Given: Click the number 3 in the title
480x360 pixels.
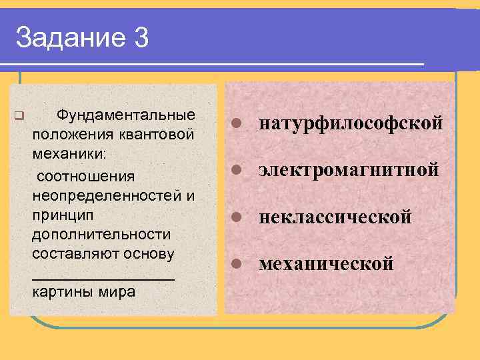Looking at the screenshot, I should [x=141, y=38].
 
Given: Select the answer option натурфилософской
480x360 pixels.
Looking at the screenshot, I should [x=351, y=123].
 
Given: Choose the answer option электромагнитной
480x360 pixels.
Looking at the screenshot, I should [x=349, y=170].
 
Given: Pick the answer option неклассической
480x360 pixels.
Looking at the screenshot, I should [x=335, y=217].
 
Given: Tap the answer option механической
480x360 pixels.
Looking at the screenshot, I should [x=326, y=264].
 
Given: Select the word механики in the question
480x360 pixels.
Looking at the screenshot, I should [x=70, y=154].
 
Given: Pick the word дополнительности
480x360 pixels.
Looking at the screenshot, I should [x=101, y=235].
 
